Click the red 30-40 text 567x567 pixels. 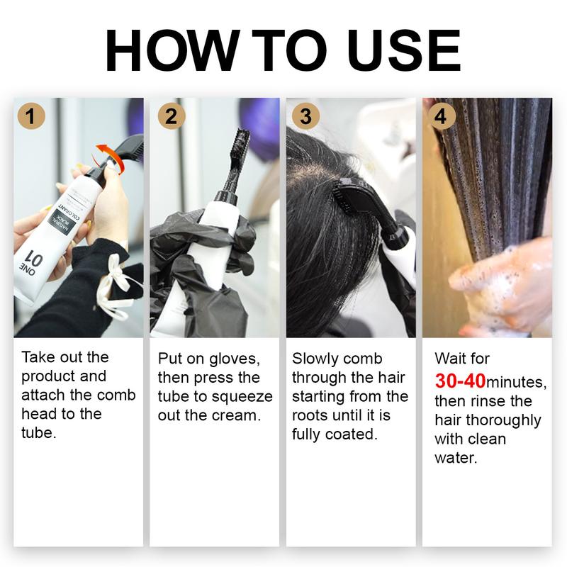[460, 381]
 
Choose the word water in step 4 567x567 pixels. [456, 458]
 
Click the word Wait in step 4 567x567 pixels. [451, 359]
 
